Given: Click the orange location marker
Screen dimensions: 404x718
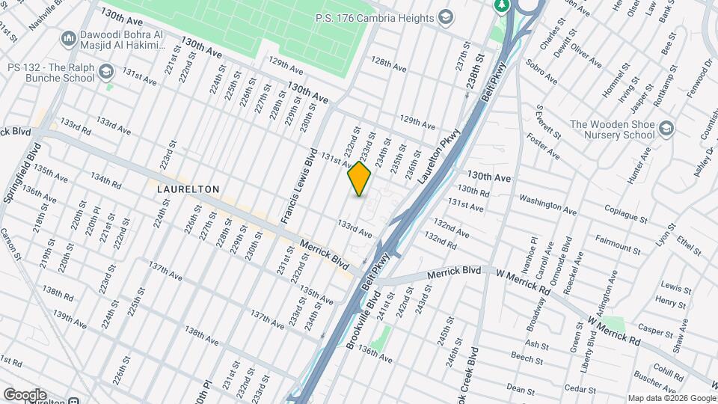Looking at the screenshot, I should click(359, 179).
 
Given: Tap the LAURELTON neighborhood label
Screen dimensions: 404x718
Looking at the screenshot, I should click(188, 190).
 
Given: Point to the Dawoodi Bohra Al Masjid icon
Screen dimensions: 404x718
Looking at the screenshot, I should click(68, 37).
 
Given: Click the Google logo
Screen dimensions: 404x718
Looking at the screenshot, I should click(25, 394).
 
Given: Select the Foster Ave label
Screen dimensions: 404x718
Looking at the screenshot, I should click(544, 146).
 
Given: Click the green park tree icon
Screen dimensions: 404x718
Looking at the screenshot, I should click(501, 5).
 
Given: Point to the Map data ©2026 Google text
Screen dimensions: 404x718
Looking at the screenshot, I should click(671, 398).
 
